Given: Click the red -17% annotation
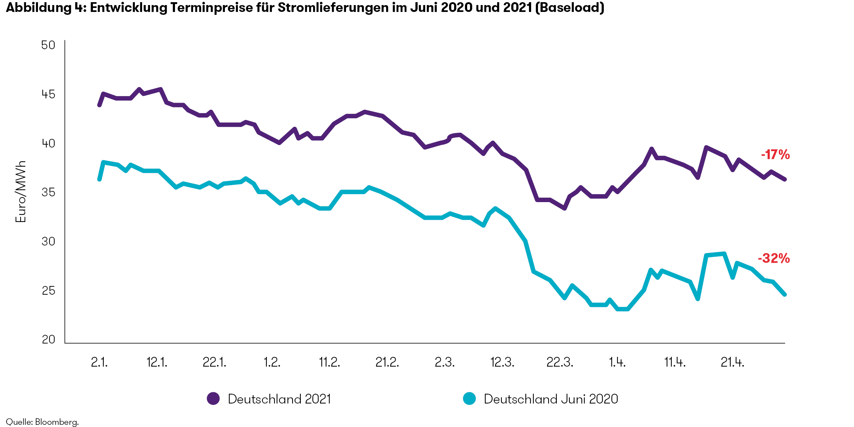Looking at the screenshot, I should pyautogui.click(x=775, y=155).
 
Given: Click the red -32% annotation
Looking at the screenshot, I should pyautogui.click(x=773, y=259).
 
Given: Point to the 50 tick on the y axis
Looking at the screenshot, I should pyautogui.click(x=48, y=45).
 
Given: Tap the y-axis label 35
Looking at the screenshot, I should pyautogui.click(x=48, y=192).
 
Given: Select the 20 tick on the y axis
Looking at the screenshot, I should pyautogui.click(x=48, y=340).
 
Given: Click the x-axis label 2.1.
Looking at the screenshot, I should pyautogui.click(x=99, y=362).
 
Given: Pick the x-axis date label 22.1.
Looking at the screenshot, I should pyautogui.click(x=214, y=362).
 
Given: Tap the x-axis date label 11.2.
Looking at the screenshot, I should pyautogui.click(x=329, y=362).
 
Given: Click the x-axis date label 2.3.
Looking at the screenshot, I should pyautogui.click(x=444, y=362).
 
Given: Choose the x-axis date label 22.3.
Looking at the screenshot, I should pyautogui.click(x=559, y=362).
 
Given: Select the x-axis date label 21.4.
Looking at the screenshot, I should pyautogui.click(x=732, y=362).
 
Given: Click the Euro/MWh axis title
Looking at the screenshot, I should pyautogui.click(x=21, y=192).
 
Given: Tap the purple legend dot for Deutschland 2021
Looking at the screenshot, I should pyautogui.click(x=213, y=398).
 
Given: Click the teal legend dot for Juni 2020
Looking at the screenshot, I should pyautogui.click(x=469, y=398).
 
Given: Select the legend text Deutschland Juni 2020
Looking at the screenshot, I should pyautogui.click(x=551, y=399).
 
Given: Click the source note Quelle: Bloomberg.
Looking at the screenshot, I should pyautogui.click(x=42, y=422).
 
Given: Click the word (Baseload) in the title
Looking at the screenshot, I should pyautogui.click(x=569, y=8).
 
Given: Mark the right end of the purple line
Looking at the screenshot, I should pyautogui.click(x=785, y=179).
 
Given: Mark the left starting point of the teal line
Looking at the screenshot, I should pyautogui.click(x=99, y=179).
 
